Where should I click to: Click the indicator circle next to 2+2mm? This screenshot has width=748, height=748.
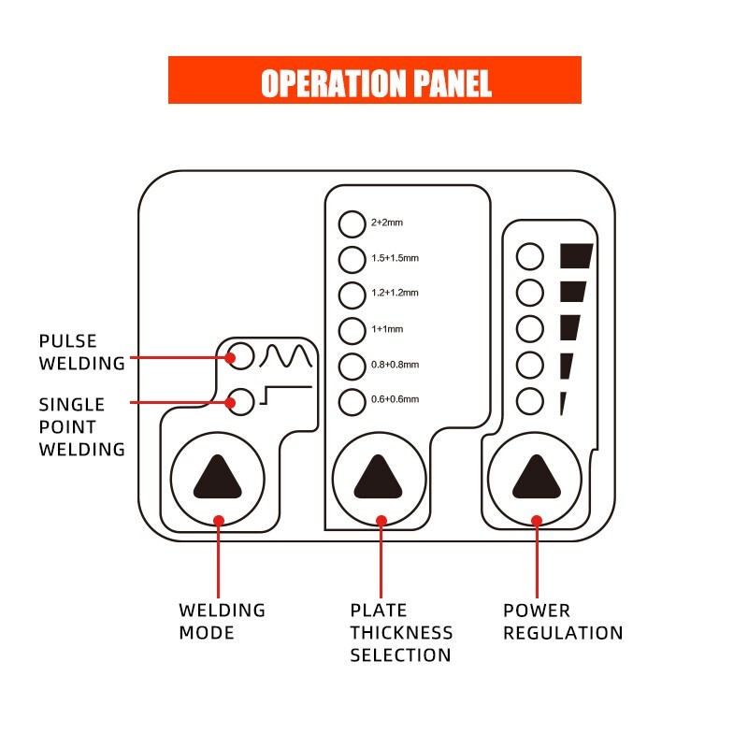352,223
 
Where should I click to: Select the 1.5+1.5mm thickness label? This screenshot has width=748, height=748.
395,258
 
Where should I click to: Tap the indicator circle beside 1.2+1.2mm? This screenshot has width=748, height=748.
352,295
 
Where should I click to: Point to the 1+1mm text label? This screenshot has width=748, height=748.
387,329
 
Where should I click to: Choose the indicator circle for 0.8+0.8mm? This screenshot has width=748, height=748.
352,367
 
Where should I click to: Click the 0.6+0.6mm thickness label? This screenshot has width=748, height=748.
395,399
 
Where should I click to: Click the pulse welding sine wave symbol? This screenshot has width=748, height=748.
286,356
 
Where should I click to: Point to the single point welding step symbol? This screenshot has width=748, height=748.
286,395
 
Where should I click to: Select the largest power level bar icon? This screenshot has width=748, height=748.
576,255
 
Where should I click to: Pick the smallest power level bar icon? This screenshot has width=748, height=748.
563,403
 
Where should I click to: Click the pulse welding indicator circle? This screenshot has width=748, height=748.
241,356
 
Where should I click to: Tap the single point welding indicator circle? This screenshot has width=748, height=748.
241,402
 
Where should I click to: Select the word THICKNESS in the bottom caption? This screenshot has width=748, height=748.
401,633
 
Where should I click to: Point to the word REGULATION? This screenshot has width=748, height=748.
563,633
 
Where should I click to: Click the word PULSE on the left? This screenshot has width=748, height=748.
67,341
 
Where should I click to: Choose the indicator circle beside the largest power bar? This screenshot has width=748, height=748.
530,256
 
